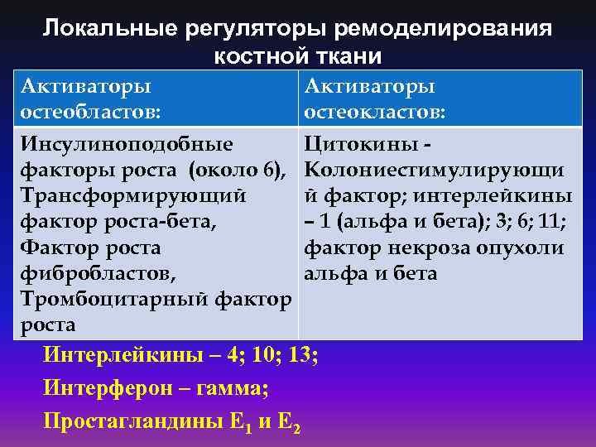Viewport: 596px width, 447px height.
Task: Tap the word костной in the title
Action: (252, 56)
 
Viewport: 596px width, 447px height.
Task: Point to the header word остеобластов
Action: (92, 111)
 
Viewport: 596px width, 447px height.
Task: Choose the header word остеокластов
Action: (375, 111)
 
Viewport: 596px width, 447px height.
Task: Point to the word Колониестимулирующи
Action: (435, 171)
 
